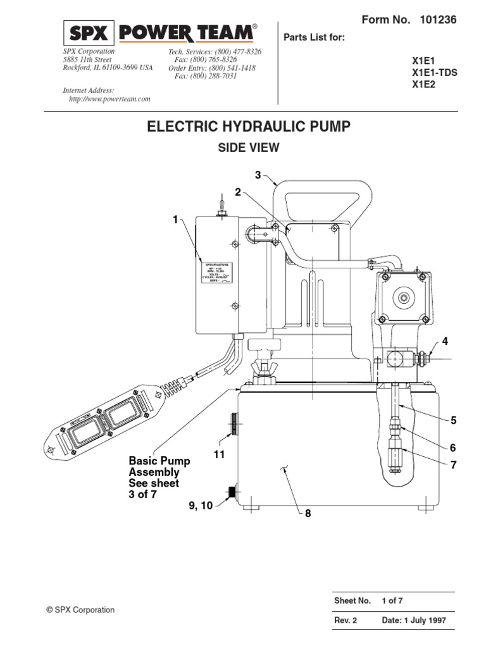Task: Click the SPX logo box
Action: click(89, 33)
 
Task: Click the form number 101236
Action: click(438, 20)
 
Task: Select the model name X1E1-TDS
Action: click(434, 73)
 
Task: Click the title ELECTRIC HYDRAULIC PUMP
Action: click(248, 127)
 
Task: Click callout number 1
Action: click(175, 220)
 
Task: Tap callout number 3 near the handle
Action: click(258, 175)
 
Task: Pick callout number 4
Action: click(445, 342)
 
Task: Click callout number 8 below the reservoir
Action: click(308, 514)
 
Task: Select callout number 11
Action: click(220, 454)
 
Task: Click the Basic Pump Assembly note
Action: click(154, 478)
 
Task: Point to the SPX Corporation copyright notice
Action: click(80, 610)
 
